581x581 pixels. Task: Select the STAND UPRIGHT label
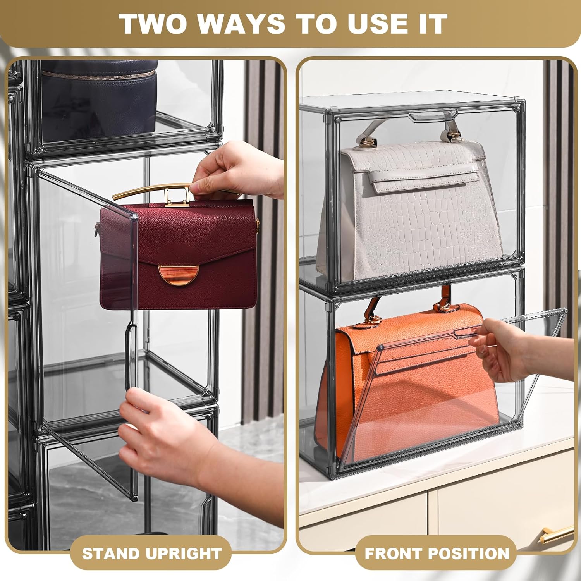coord(151,553)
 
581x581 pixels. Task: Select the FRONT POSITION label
coord(437,553)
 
